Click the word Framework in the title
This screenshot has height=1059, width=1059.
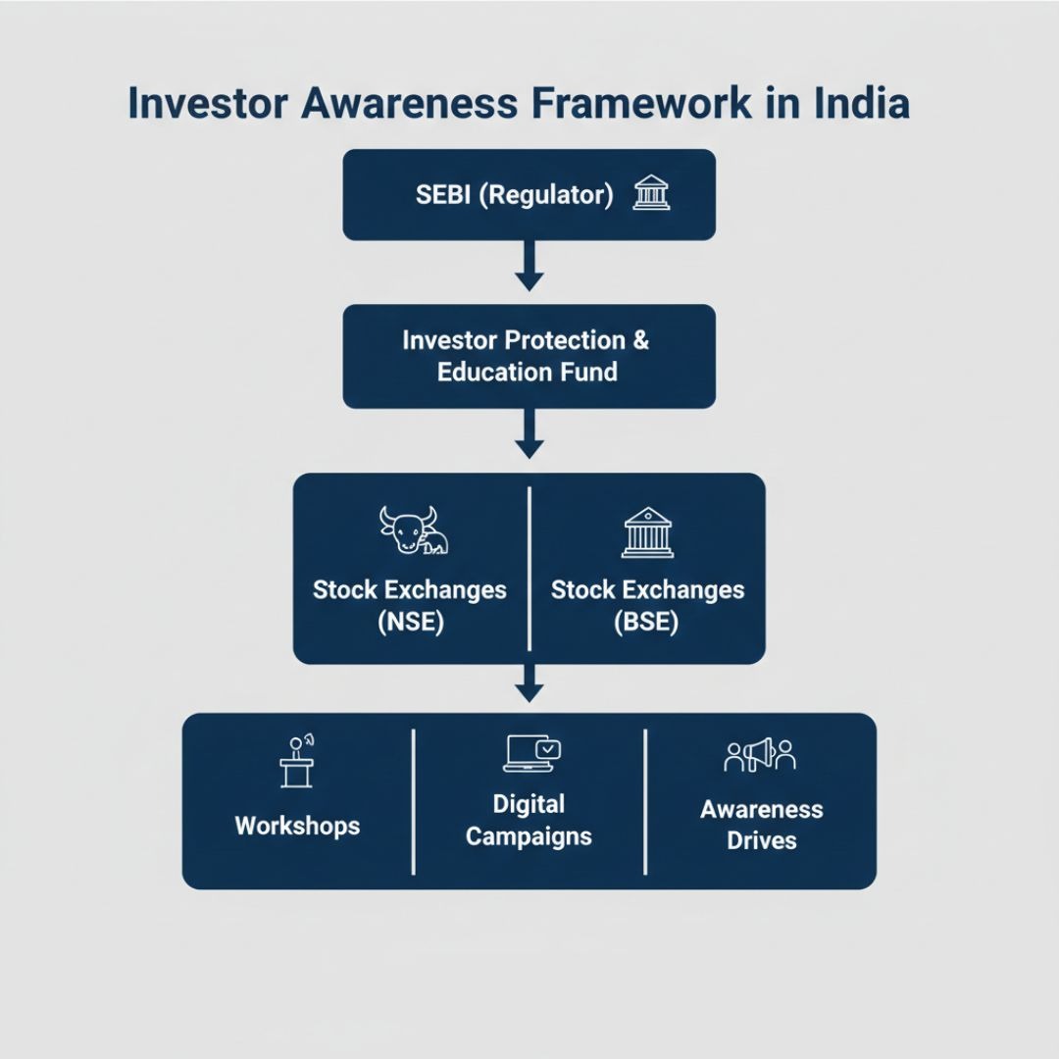641,103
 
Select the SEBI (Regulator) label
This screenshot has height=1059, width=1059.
515,194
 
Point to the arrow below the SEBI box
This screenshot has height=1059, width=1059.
529,266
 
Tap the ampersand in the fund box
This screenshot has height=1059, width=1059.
641,339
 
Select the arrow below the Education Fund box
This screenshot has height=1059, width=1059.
529,433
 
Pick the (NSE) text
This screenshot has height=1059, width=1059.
411,622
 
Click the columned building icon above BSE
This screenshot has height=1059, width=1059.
648,532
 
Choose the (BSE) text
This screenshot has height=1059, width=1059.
646,622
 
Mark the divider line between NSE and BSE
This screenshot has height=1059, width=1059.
529,569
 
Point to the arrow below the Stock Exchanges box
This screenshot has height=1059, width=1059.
529,682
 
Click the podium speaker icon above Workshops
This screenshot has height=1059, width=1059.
297,761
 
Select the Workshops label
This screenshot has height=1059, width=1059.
297,826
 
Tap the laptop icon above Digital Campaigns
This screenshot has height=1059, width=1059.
532,753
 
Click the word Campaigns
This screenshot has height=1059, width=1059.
529,836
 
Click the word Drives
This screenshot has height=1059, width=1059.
762,841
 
